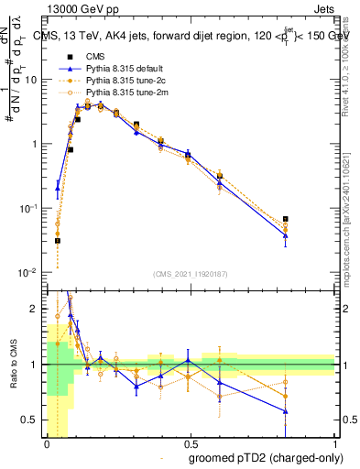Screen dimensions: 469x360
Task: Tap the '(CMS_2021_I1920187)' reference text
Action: (x=190, y=274)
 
